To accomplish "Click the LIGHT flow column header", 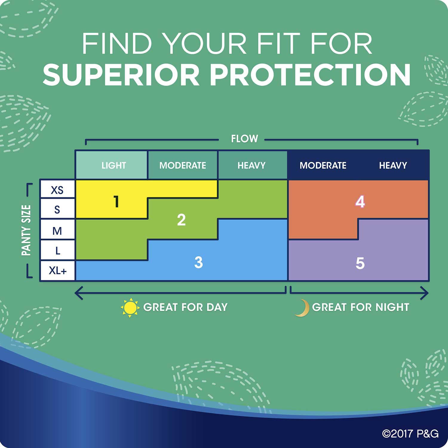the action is (x=114, y=165).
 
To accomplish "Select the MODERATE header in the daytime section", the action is (x=183, y=165).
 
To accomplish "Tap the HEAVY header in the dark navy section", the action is (x=393, y=165).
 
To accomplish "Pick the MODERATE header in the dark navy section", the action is (x=323, y=165).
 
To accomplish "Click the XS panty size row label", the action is (x=57, y=190).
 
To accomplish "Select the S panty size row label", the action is (x=57, y=210).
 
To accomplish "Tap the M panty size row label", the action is (x=57, y=231).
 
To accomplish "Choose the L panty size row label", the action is (x=58, y=251).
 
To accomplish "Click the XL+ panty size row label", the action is (x=58, y=271).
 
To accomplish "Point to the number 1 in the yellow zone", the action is (x=116, y=202).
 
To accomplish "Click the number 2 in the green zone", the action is (x=181, y=220).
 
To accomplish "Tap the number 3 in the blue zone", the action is (x=199, y=262).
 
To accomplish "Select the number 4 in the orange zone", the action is (x=360, y=202).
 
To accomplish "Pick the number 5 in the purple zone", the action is (x=360, y=263).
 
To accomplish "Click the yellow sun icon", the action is (x=130, y=308).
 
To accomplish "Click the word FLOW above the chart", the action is (x=245, y=139).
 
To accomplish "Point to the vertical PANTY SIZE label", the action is (x=26, y=230).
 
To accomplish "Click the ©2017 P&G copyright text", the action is (x=410, y=433).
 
